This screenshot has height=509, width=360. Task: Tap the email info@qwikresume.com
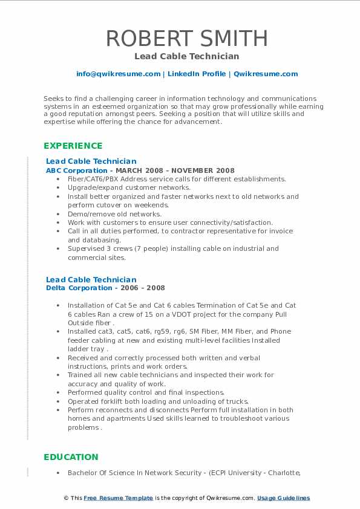(x=118, y=74)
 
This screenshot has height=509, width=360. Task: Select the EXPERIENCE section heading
(x=73, y=146)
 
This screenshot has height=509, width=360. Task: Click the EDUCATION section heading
(x=71, y=457)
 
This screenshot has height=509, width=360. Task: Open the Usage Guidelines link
(x=284, y=498)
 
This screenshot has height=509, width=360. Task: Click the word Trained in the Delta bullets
(x=80, y=375)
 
